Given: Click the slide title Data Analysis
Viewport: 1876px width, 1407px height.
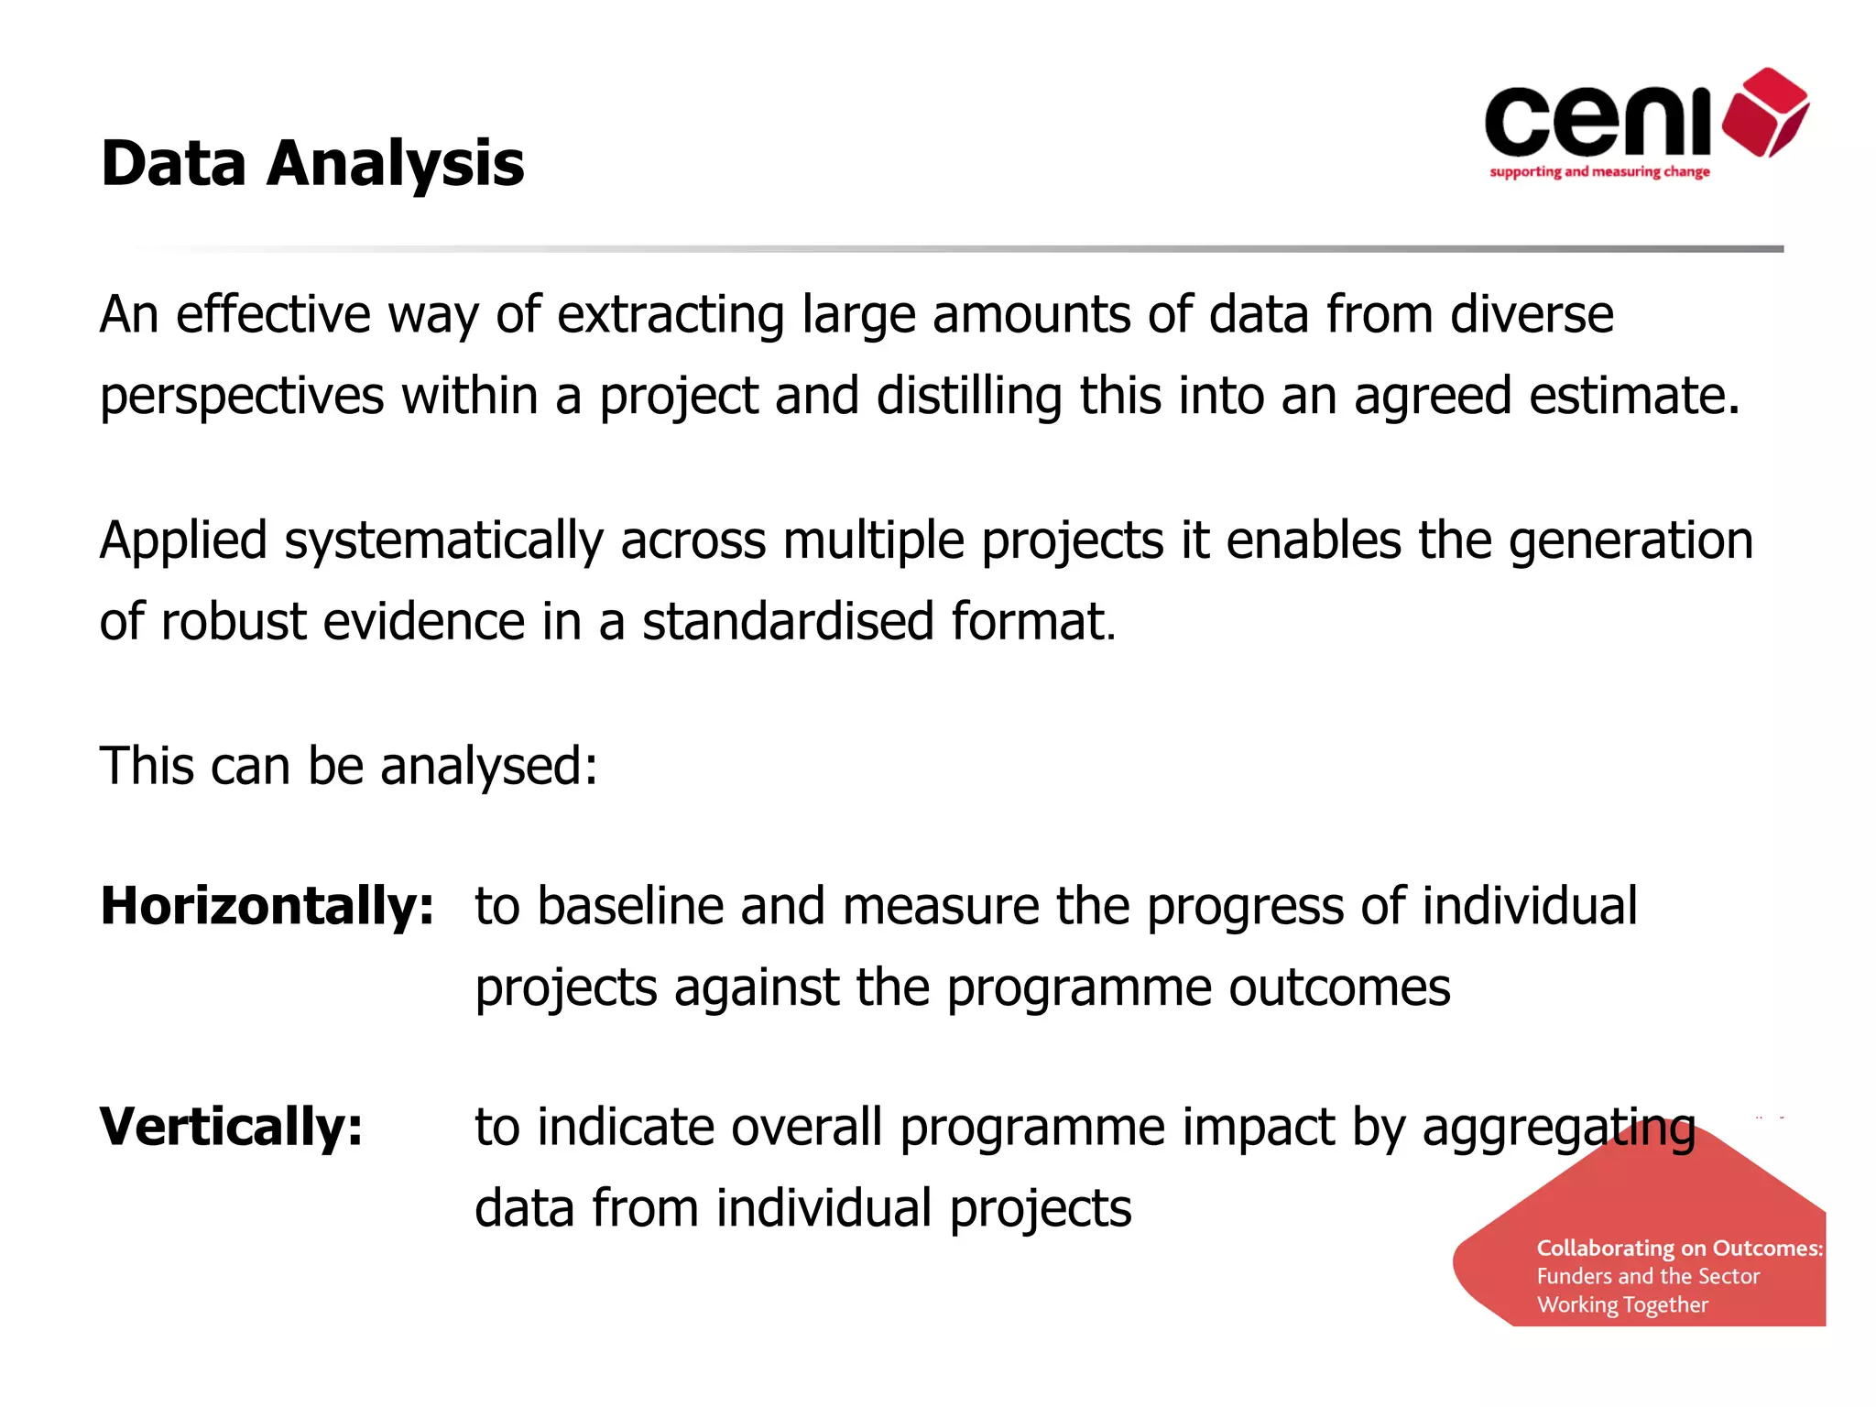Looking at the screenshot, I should coord(312,163).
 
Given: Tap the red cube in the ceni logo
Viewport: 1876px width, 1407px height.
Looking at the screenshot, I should coord(1765,112).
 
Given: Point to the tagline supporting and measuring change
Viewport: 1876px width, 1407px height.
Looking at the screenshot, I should coord(1599,172).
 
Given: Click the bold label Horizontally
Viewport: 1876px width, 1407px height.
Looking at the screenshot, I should coord(267,906).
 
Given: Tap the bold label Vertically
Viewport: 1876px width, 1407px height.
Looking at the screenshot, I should coord(232,1127).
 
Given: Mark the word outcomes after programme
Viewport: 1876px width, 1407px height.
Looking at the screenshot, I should coord(1339,987).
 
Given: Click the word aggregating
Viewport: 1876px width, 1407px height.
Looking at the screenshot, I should coord(1558,1128).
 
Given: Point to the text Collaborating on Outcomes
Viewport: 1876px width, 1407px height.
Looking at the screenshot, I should coord(1679,1249).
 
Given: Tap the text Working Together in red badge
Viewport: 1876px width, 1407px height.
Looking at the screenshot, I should coord(1622,1304).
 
